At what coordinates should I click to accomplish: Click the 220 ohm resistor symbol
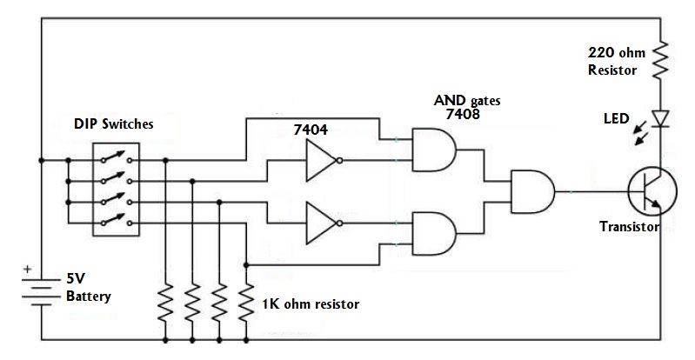pos(660,58)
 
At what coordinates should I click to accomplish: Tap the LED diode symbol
pos(660,119)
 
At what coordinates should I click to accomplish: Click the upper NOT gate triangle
pos(321,161)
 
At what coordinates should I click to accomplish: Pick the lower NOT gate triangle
pos(321,223)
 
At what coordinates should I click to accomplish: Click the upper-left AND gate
pos(434,150)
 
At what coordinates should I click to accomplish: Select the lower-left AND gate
pos(434,233)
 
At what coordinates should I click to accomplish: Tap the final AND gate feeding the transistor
pos(533,191)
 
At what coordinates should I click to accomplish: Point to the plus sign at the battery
pos(28,269)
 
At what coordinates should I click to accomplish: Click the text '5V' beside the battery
pos(76,279)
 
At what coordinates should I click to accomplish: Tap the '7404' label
pos(311,130)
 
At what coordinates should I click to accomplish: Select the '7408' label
pos(463,114)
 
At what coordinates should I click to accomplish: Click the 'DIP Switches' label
pos(113,123)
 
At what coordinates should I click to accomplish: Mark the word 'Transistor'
pos(630,227)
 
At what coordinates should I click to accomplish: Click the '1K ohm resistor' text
pos(311,304)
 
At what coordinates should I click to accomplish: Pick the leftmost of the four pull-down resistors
pos(165,303)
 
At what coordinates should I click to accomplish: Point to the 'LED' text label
pos(617,118)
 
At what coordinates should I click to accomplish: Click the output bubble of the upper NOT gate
pos(340,161)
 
